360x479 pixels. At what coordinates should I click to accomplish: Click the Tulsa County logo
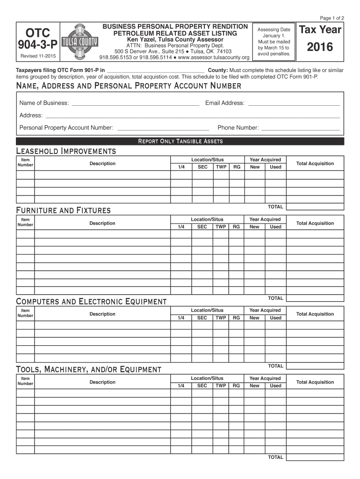click(80, 42)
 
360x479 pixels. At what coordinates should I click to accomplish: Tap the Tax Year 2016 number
click(320, 47)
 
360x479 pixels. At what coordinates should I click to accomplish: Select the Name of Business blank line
click(135, 103)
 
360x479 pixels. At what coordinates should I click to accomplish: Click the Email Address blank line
click(293, 103)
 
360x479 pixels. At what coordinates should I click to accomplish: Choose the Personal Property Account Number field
click(162, 128)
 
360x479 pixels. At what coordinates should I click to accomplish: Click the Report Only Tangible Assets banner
click(180, 141)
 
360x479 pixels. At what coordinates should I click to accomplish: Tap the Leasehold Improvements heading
click(66, 151)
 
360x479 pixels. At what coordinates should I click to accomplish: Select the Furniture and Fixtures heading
click(63, 210)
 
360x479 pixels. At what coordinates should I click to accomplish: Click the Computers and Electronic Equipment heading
click(91, 301)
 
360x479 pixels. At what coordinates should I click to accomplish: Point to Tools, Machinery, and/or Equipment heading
click(88, 370)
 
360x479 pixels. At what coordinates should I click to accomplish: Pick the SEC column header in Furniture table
click(202, 227)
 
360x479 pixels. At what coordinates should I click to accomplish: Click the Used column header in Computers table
click(275, 318)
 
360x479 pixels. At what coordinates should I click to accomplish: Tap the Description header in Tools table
click(102, 382)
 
